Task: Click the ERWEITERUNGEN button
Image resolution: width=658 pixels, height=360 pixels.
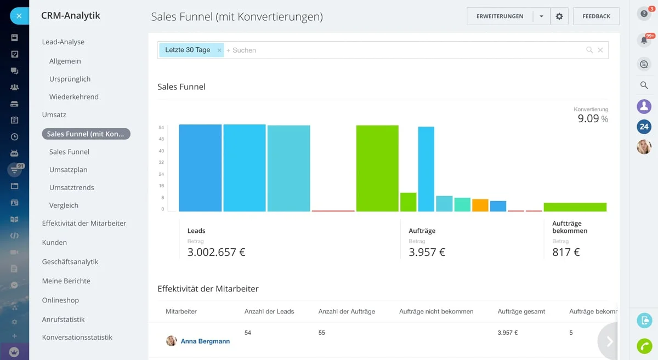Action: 500,16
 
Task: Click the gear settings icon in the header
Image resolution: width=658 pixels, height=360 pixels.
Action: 559,16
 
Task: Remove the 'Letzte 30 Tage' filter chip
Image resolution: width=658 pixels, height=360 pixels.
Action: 219,50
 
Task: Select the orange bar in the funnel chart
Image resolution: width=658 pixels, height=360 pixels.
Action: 480,205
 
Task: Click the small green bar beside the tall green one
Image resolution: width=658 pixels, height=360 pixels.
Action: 408,202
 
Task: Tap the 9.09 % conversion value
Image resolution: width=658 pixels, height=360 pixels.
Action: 592,118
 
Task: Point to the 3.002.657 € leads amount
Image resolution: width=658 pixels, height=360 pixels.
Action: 216,252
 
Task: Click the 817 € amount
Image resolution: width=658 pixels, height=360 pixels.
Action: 566,252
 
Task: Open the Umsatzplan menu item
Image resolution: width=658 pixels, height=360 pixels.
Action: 68,170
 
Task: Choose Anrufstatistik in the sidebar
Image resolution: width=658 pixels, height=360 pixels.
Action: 63,319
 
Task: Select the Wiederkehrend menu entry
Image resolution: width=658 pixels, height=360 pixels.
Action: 74,97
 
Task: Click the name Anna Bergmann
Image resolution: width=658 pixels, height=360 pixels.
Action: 205,341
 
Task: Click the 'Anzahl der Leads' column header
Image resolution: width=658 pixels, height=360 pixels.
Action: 269,311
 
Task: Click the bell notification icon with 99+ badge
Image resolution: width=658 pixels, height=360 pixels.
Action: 644,40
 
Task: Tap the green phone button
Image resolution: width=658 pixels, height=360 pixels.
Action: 644,346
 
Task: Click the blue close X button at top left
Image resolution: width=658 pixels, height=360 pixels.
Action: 19,16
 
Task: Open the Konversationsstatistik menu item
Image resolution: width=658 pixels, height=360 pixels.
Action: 77,338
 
